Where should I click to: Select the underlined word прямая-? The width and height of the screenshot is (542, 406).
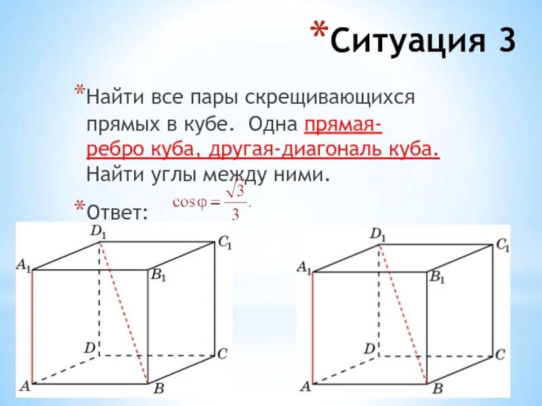343,125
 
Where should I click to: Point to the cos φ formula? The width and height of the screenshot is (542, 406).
211,202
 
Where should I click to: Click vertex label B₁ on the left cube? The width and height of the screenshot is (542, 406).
159,275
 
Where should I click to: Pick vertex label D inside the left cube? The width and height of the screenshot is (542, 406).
89,348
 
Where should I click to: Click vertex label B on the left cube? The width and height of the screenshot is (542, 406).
158,388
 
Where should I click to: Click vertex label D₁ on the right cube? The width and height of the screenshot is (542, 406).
378,235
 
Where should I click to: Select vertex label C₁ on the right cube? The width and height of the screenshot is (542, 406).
502,245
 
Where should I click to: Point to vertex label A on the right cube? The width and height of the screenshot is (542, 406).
305,386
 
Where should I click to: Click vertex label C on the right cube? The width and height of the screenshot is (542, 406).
500,354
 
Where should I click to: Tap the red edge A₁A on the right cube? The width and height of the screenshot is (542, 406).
312,328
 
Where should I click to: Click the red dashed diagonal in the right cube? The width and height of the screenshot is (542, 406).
403,315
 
